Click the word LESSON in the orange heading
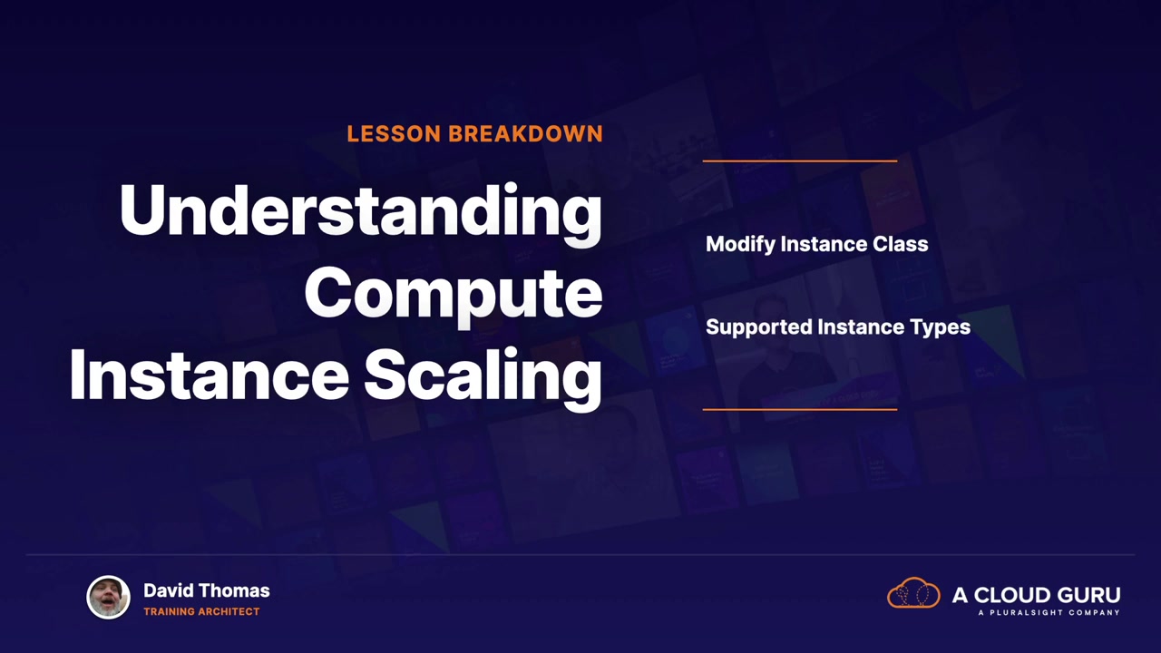click(394, 133)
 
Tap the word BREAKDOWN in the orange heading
click(525, 133)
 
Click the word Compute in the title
click(454, 296)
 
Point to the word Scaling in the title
click(483, 377)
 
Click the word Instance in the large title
click(210, 375)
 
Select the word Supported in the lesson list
click(759, 327)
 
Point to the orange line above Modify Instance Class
click(800, 161)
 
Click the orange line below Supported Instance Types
click(800, 409)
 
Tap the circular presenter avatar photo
click(108, 597)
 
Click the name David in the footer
click(169, 590)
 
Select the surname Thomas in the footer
click(234, 590)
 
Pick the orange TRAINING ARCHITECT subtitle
click(201, 611)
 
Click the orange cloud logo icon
click(913, 592)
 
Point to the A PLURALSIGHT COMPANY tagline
click(1049, 612)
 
